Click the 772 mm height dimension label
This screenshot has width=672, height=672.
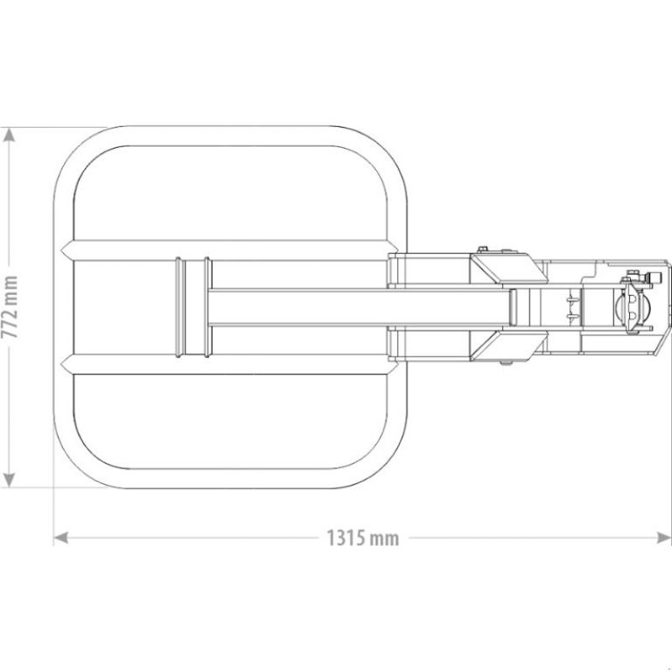tap(10, 307)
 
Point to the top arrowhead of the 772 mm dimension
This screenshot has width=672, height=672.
tap(10, 135)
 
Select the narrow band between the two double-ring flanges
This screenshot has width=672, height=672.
tap(193, 307)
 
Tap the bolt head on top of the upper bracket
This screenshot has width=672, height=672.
tap(482, 249)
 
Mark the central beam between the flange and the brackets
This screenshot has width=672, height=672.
tap(353, 307)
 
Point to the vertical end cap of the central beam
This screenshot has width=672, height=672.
tap(513, 307)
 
